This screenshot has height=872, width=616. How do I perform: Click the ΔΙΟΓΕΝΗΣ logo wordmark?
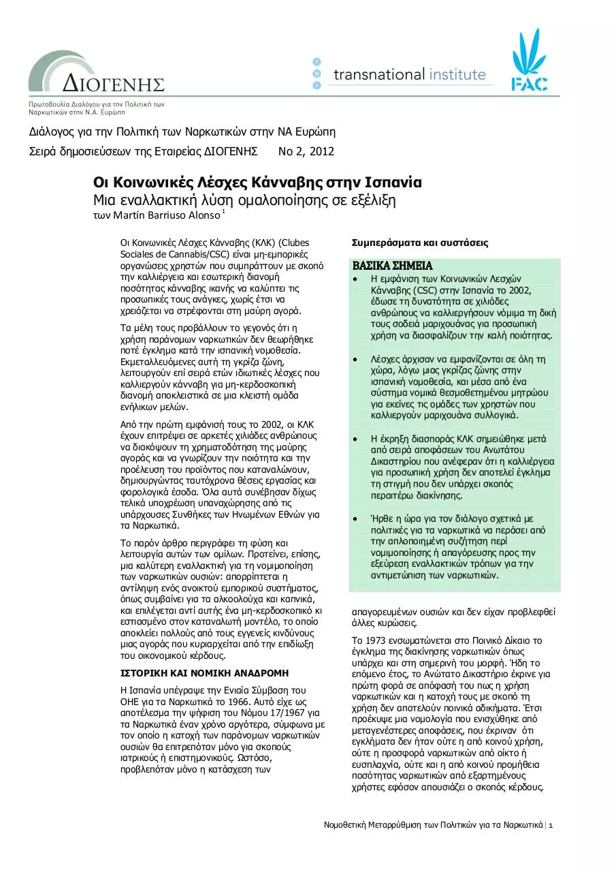click(114, 84)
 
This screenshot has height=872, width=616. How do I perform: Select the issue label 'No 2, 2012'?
click(307, 152)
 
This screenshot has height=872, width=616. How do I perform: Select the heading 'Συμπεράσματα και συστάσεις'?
click(419, 243)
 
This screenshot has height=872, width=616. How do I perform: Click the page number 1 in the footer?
click(551, 826)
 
